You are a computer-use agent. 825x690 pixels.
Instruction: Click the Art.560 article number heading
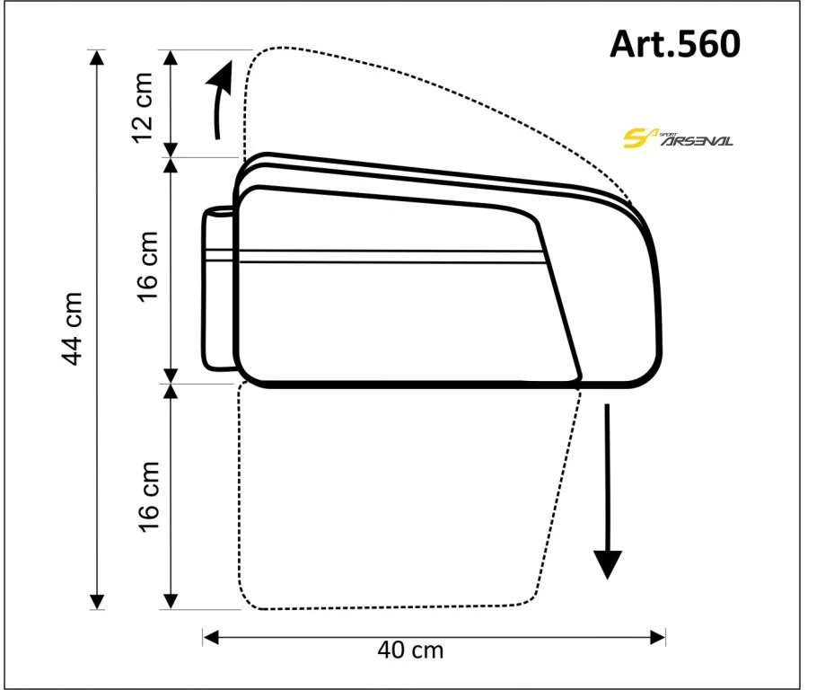tap(675, 44)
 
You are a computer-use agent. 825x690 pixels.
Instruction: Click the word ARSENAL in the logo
tap(698, 141)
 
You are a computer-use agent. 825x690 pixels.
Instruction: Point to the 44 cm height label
tap(73, 328)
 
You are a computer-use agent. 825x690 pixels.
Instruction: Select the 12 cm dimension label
tap(142, 108)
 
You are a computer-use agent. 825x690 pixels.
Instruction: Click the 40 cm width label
tap(410, 650)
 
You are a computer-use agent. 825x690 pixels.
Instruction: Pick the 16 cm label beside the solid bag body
tap(148, 266)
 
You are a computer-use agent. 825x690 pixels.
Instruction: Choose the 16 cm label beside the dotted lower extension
tap(148, 497)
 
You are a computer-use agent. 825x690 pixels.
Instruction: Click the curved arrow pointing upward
tap(221, 100)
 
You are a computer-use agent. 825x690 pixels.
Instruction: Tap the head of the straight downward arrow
tap(608, 564)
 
